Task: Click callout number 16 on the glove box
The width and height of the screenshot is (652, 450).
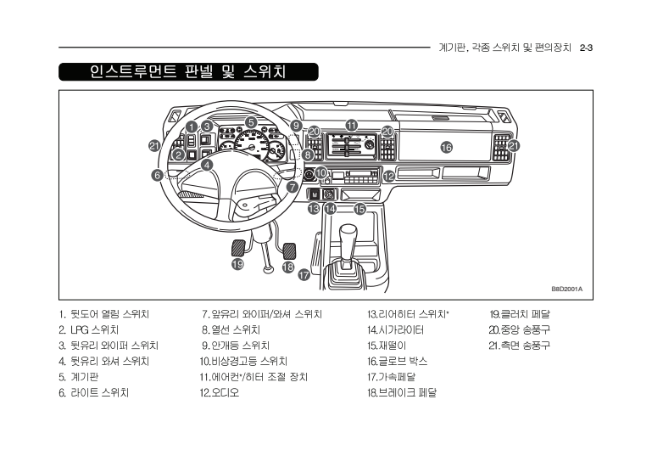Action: point(446,147)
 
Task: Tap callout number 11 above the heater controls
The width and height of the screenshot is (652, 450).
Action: point(351,125)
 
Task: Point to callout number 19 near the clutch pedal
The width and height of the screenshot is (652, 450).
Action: point(238,264)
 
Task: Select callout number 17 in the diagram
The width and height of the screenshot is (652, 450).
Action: point(304,274)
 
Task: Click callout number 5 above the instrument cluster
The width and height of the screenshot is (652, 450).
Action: point(252,121)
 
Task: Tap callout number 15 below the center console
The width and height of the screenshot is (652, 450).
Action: point(359,208)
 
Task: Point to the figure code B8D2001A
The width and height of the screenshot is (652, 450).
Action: point(566,288)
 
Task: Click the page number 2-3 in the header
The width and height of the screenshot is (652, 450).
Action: point(586,48)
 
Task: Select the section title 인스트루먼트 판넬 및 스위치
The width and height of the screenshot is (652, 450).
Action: point(187,71)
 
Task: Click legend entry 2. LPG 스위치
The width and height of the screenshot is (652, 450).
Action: point(88,329)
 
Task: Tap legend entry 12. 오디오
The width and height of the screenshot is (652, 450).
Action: point(220,393)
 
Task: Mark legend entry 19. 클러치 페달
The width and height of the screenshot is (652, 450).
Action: point(520,314)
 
